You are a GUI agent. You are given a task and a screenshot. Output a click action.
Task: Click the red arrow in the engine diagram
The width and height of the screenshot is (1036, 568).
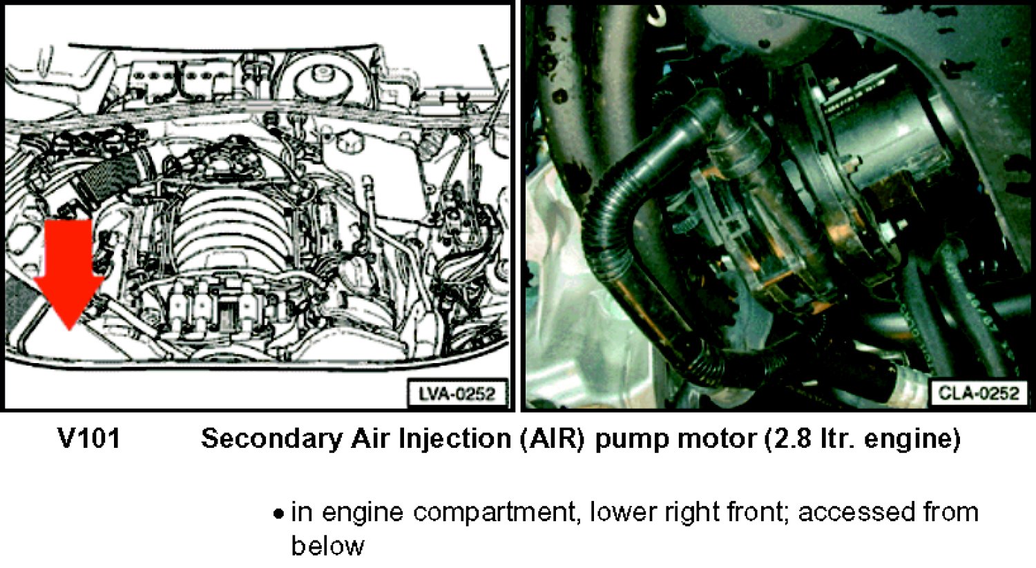pos(69,273)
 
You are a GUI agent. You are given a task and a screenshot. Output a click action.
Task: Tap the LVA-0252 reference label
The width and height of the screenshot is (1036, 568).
pos(457,394)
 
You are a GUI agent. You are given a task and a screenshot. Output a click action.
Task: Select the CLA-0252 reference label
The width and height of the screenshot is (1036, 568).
pos(979,393)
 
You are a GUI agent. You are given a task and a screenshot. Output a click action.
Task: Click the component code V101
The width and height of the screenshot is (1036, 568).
pos(89,438)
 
